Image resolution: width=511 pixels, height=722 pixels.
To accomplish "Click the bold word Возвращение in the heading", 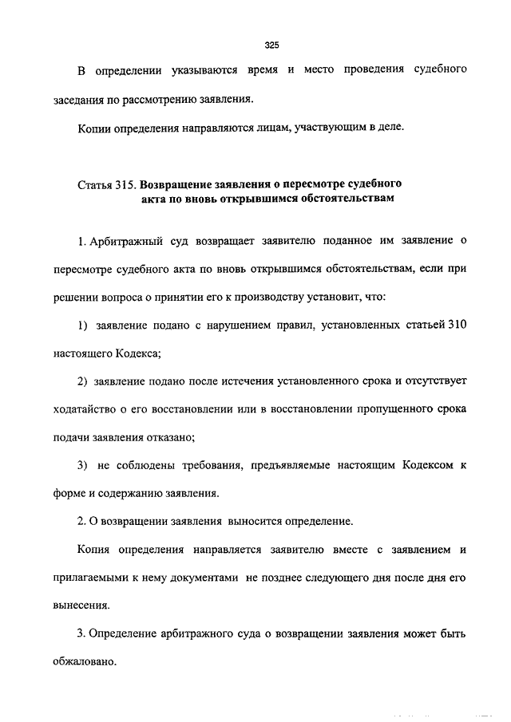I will [x=188, y=184].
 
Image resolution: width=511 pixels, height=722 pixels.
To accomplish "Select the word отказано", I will [x=172, y=436].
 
